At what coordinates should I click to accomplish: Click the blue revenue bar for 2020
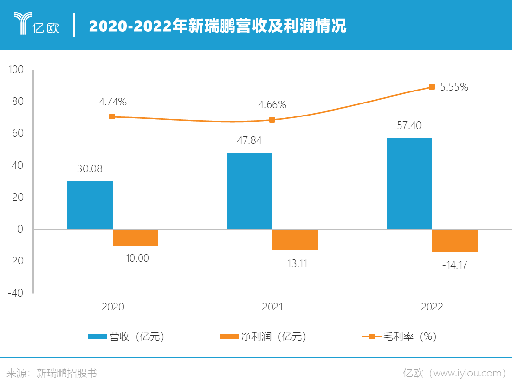[90, 205]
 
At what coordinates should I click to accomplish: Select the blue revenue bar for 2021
[249, 191]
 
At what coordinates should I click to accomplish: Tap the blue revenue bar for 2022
[409, 183]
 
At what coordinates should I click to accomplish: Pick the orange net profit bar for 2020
[135, 237]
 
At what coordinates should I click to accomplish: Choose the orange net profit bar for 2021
[295, 240]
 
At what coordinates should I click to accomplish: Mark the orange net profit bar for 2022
[455, 241]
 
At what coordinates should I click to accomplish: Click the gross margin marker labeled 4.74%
[112, 116]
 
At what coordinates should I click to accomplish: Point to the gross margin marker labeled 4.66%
[272, 120]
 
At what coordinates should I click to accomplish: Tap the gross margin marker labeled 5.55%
[432, 87]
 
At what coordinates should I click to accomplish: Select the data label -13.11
[295, 263]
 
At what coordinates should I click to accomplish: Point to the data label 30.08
[90, 169]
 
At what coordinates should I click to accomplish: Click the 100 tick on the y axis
[16, 70]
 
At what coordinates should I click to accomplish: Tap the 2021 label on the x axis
[272, 307]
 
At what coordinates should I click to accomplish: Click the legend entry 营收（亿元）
[127, 336]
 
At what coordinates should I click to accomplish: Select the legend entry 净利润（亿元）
[263, 336]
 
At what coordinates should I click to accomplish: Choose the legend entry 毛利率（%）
[400, 336]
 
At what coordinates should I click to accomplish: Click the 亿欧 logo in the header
[37, 24]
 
